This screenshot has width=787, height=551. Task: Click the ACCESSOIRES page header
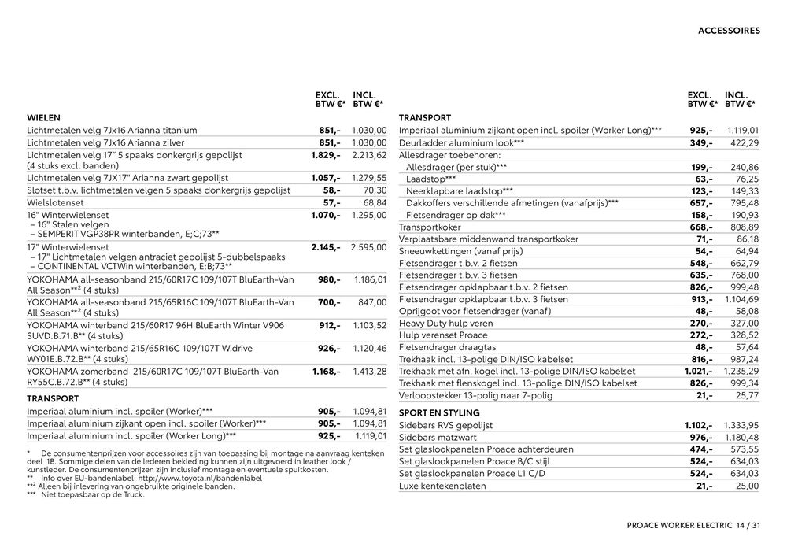click(728, 31)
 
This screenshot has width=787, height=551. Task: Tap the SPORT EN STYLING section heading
click(439, 412)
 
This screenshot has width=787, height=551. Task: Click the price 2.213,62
click(369, 156)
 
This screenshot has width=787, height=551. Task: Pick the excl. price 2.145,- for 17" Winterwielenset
click(325, 247)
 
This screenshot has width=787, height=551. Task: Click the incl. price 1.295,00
click(369, 215)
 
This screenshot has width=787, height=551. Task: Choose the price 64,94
click(744, 251)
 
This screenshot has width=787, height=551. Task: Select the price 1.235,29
click(741, 371)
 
